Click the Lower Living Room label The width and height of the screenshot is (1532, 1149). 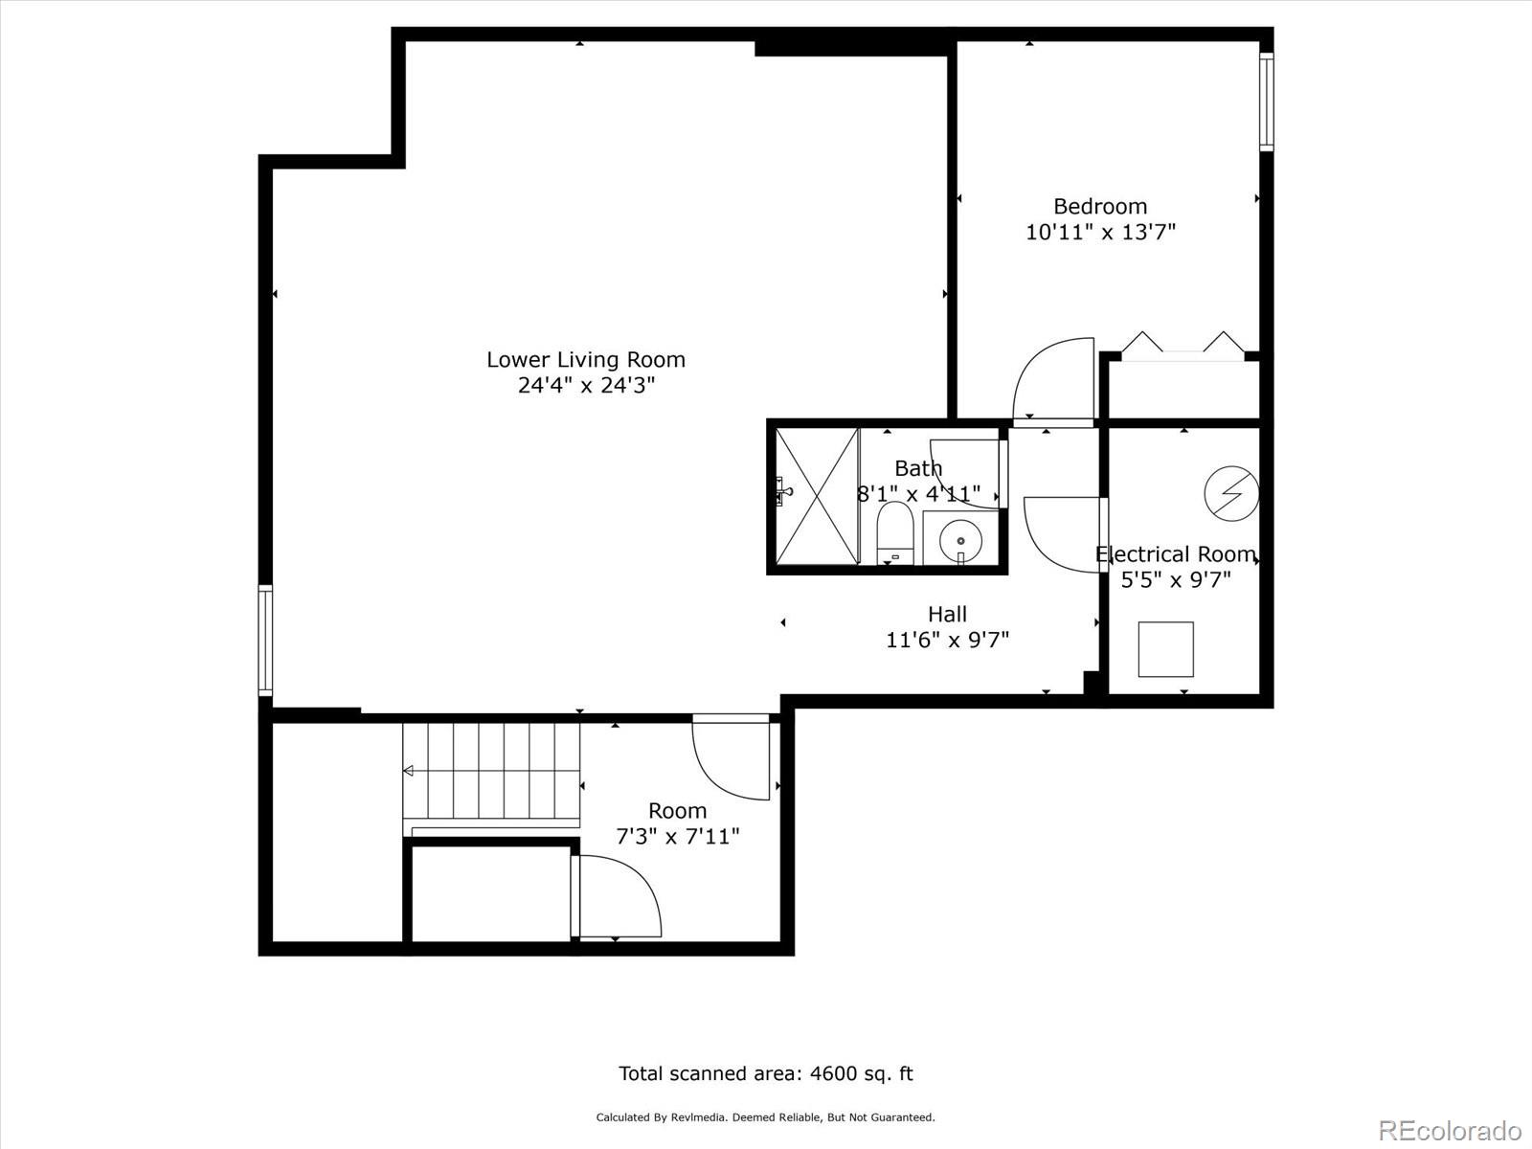pos(585,360)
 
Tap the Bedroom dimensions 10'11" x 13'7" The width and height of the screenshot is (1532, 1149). pos(1100,232)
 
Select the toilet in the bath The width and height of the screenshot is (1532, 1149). pos(895,532)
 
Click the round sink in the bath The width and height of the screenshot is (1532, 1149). pos(960,540)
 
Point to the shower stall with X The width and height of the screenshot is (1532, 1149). pos(816,496)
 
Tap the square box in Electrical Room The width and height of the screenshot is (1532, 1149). pos(1165,649)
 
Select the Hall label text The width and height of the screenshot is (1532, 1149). pos(947,614)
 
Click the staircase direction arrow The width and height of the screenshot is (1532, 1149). pos(409,771)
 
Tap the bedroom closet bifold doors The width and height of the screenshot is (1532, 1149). pos(1183,345)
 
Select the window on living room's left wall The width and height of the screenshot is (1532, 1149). pos(265,639)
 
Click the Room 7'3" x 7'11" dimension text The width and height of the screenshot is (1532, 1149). pos(677,837)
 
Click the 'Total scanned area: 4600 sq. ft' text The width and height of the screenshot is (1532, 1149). pos(765,1073)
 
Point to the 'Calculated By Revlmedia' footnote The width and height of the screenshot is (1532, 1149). pos(765,1117)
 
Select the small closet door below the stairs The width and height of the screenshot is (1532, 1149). pos(617,896)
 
